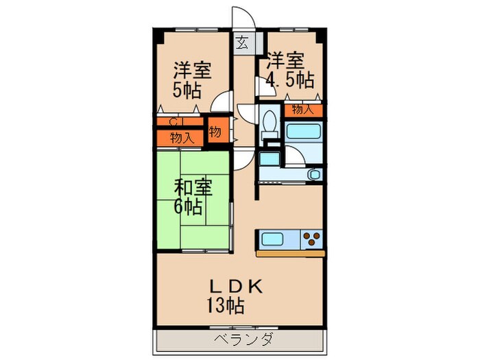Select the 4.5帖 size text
click(x=290, y=79)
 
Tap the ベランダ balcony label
click(x=239, y=339)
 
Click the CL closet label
click(x=176, y=122)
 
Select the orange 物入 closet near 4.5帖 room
click(x=302, y=109)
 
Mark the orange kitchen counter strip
click(x=290, y=254)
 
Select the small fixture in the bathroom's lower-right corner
click(x=315, y=175)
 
